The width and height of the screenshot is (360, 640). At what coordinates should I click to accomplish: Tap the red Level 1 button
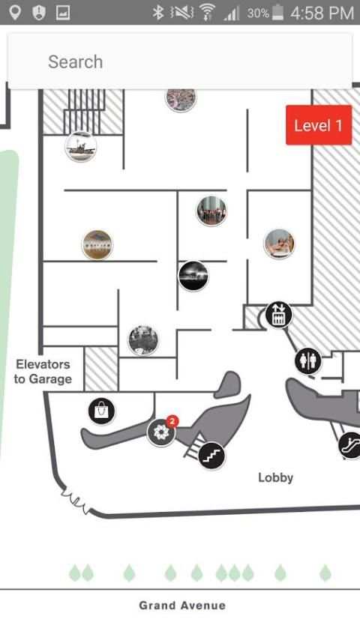point(319,125)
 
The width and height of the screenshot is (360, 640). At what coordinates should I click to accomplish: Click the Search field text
point(76,62)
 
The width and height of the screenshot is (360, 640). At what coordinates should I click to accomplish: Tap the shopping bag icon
point(101,411)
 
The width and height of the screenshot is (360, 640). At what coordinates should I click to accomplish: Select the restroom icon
point(308,361)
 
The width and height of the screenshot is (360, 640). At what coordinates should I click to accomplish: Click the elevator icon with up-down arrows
point(278,315)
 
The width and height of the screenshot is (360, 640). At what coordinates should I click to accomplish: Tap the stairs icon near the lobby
point(211,456)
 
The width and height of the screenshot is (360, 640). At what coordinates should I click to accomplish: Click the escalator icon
point(350,445)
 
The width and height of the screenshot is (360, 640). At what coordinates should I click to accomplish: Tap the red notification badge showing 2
point(172,421)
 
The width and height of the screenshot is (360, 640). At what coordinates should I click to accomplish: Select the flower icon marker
point(161,432)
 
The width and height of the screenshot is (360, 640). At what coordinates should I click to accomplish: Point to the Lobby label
point(275,477)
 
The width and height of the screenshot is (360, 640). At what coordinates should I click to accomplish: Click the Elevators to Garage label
point(43,372)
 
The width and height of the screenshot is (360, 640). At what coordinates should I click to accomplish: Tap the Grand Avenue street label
point(182,606)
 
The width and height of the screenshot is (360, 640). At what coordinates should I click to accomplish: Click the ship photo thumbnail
point(81,146)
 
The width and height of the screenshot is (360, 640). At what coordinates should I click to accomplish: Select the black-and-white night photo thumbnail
point(193,276)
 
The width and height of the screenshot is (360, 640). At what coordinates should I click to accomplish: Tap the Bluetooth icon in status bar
point(157,13)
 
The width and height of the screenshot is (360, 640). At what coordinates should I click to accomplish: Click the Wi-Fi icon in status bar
point(208,13)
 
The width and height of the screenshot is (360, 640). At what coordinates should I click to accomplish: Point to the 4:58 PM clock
point(322,13)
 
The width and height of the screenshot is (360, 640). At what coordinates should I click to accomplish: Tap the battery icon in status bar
point(277,13)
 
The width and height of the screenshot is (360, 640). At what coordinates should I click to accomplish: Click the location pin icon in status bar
point(15,13)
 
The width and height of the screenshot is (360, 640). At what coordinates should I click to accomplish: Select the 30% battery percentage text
point(258,13)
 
